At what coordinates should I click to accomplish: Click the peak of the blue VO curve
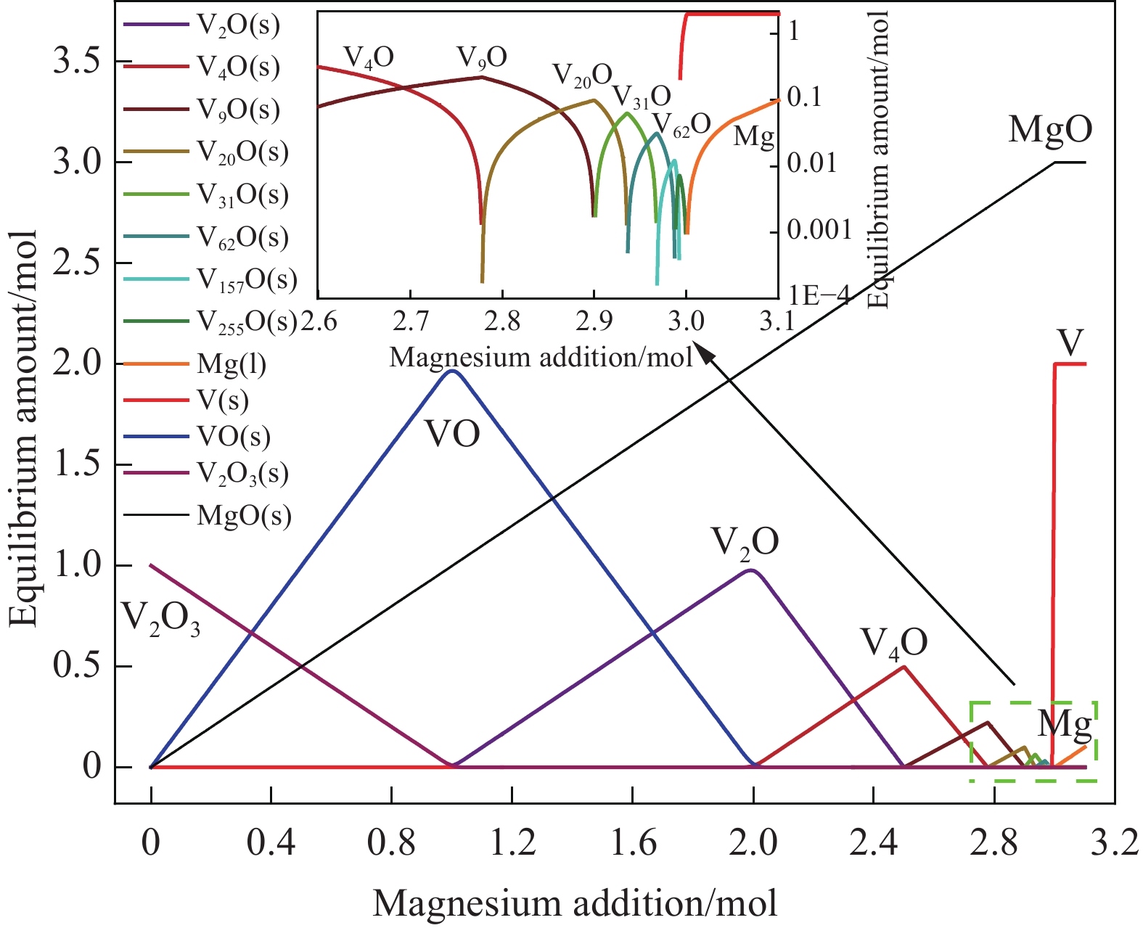(453, 371)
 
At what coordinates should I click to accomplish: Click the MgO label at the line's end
(1050, 130)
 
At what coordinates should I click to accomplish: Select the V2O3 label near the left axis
(160, 618)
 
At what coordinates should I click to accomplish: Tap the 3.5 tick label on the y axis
(77, 61)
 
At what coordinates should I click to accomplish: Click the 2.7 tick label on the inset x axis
(410, 320)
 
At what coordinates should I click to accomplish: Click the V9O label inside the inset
(482, 57)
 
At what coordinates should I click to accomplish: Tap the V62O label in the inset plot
(681, 125)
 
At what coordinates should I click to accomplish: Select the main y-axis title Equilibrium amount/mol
(23, 428)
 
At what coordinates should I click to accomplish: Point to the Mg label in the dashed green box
(1064, 724)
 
